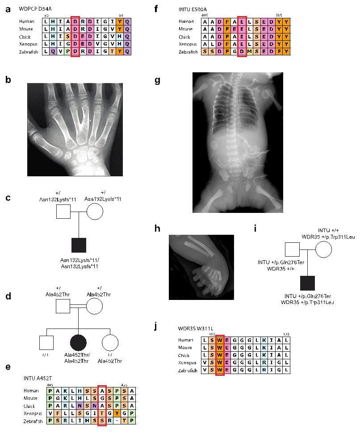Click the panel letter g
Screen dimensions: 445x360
[x=157, y=80]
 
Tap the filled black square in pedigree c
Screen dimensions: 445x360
[x=79, y=245]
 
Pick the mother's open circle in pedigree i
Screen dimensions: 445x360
[x=323, y=249]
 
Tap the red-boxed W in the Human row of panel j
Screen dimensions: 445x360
[x=220, y=340]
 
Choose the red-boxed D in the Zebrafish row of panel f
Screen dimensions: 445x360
[x=242, y=52]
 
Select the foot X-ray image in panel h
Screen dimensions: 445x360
[x=201, y=266]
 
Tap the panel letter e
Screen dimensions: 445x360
[x=8, y=367]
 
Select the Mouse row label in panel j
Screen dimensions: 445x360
[x=185, y=347]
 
